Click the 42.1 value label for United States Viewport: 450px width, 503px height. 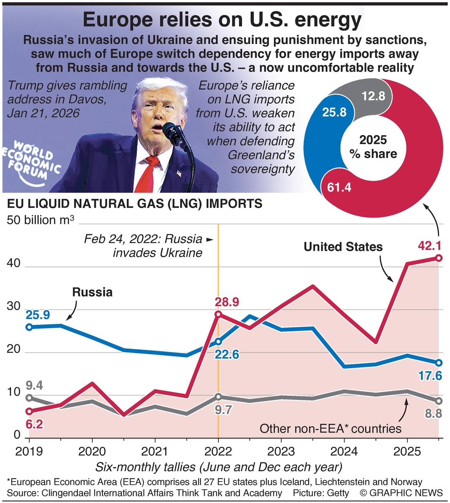coord(430,246)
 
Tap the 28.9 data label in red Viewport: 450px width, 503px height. coord(227,302)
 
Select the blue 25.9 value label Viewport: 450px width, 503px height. coord(38,315)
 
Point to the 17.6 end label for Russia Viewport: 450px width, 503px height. coord(430,376)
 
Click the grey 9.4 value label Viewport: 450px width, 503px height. coord(35,386)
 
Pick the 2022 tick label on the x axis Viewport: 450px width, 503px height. coord(218,451)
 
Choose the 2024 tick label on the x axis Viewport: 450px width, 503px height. coord(344,451)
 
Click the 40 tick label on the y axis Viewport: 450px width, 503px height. coord(14,263)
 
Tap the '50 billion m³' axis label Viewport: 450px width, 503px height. coord(40,220)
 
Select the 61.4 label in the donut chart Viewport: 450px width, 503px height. coord(339,187)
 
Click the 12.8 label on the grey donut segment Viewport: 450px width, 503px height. coord(373,96)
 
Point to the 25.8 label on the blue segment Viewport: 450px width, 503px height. coord(334,112)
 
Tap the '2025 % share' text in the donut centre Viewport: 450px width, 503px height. coord(373,147)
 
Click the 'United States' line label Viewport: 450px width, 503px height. coord(343,247)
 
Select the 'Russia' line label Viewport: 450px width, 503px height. coord(92,292)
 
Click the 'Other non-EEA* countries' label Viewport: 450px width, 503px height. coord(330,428)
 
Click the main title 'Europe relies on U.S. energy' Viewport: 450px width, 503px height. coord(222,20)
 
